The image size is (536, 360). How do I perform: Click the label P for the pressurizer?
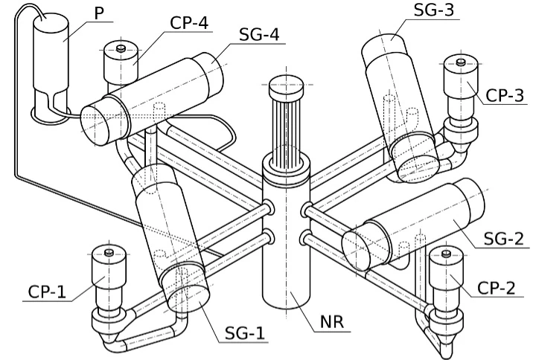click(99, 13)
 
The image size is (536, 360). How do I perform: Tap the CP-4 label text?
click(189, 23)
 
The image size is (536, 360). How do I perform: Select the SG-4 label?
click(259, 34)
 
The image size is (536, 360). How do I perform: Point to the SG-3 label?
click(434, 10)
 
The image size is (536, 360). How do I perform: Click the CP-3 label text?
click(505, 95)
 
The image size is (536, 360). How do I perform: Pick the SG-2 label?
click(504, 239)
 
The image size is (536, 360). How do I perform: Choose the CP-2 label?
click(496, 288)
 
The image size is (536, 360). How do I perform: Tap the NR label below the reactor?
click(332, 322)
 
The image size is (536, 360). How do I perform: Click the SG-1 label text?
click(245, 333)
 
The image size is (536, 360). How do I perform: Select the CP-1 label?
click(47, 292)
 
